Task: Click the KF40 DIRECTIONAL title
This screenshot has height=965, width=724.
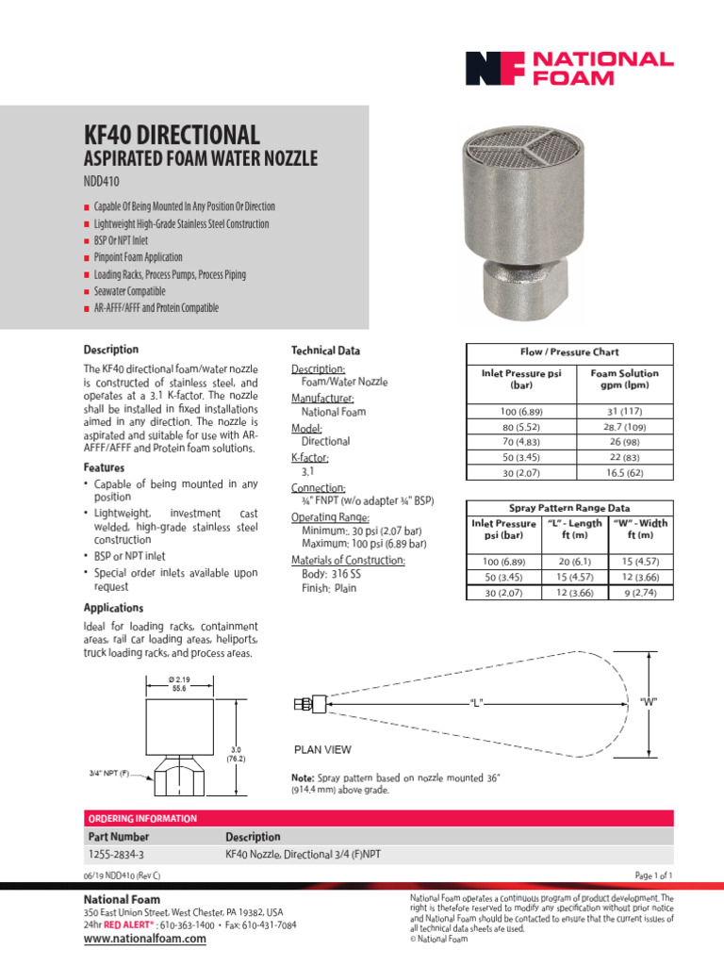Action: point(172,134)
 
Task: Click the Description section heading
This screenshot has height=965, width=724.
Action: point(111,350)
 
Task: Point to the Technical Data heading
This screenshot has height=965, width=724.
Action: point(325,351)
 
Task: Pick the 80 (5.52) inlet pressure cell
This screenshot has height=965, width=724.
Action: point(522,427)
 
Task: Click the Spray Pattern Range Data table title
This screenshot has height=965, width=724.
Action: point(570,508)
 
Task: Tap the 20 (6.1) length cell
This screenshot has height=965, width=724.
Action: point(575,561)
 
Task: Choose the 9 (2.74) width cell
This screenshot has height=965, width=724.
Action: point(640,592)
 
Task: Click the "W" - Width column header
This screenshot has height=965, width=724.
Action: point(640,530)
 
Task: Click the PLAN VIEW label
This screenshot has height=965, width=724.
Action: point(324,750)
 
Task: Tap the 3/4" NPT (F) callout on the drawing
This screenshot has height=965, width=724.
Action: point(109,773)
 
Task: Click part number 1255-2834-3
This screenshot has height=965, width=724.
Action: point(116,855)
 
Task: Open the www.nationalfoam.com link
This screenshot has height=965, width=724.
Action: point(145,939)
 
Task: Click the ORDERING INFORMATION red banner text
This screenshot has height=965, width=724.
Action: point(142,818)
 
